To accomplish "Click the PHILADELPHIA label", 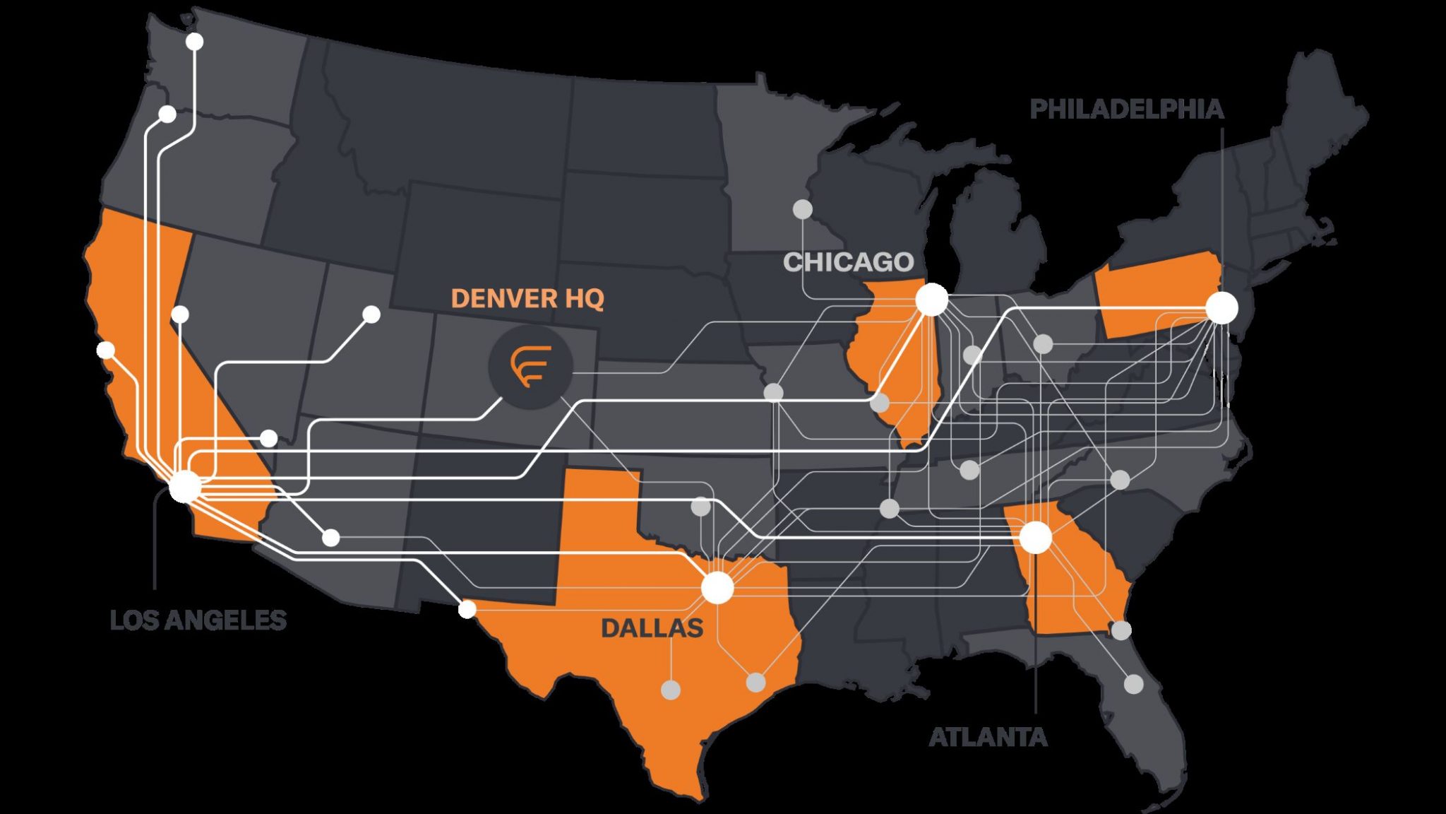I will click(x=1126, y=109).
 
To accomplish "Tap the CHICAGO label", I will click(x=848, y=262).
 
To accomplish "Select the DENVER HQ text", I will click(x=527, y=298).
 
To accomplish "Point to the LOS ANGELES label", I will click(x=198, y=620).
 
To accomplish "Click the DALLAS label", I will click(x=652, y=627).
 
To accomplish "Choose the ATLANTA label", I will click(x=988, y=737).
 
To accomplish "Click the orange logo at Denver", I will click(x=530, y=366).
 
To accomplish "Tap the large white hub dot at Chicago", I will click(x=932, y=300).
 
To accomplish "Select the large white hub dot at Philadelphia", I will click(x=1222, y=308).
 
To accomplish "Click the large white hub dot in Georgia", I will click(x=1036, y=538).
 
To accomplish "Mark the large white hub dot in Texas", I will click(x=718, y=588).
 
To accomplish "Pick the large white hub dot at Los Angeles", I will click(x=186, y=487).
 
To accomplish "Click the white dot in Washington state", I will click(x=194, y=42).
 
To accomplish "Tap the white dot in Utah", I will click(x=371, y=314).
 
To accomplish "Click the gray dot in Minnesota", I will click(x=803, y=209).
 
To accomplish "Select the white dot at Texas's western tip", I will click(x=467, y=609).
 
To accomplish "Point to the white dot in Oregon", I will click(x=167, y=114).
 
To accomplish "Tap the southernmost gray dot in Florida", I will click(x=1133, y=683).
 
